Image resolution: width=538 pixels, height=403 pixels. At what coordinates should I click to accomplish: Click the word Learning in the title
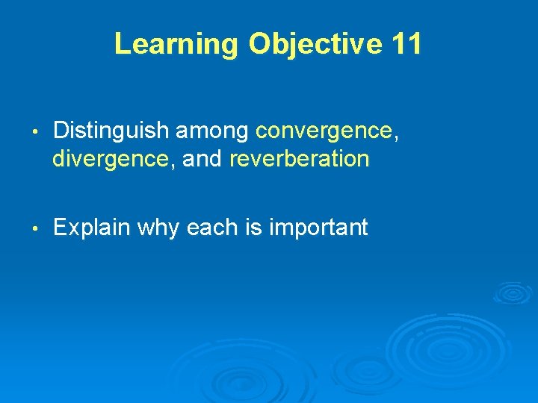pyautogui.click(x=175, y=44)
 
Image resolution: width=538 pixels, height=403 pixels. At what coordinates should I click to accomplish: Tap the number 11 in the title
pyautogui.click(x=406, y=44)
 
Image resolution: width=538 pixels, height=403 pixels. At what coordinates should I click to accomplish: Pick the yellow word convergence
pyautogui.click(x=323, y=132)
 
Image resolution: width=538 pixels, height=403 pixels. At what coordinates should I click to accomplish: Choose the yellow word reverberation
pyautogui.click(x=299, y=159)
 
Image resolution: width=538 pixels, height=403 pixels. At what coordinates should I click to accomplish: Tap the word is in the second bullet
pyautogui.click(x=251, y=228)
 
